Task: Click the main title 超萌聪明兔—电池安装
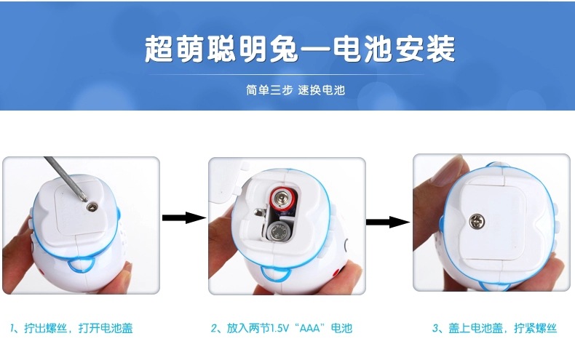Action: click(300, 49)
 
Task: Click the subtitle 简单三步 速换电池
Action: click(296, 89)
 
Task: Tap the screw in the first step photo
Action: click(92, 207)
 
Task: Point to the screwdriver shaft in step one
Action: click(66, 178)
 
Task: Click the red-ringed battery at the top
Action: click(283, 201)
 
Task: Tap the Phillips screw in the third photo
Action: click(476, 221)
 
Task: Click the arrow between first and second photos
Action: click(184, 217)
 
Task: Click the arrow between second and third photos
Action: click(388, 222)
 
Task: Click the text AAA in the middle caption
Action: click(309, 328)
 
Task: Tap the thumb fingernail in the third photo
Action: click(448, 169)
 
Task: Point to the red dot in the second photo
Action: click(336, 273)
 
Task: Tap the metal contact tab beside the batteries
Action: click(260, 212)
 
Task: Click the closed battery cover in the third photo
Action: click(493, 220)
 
